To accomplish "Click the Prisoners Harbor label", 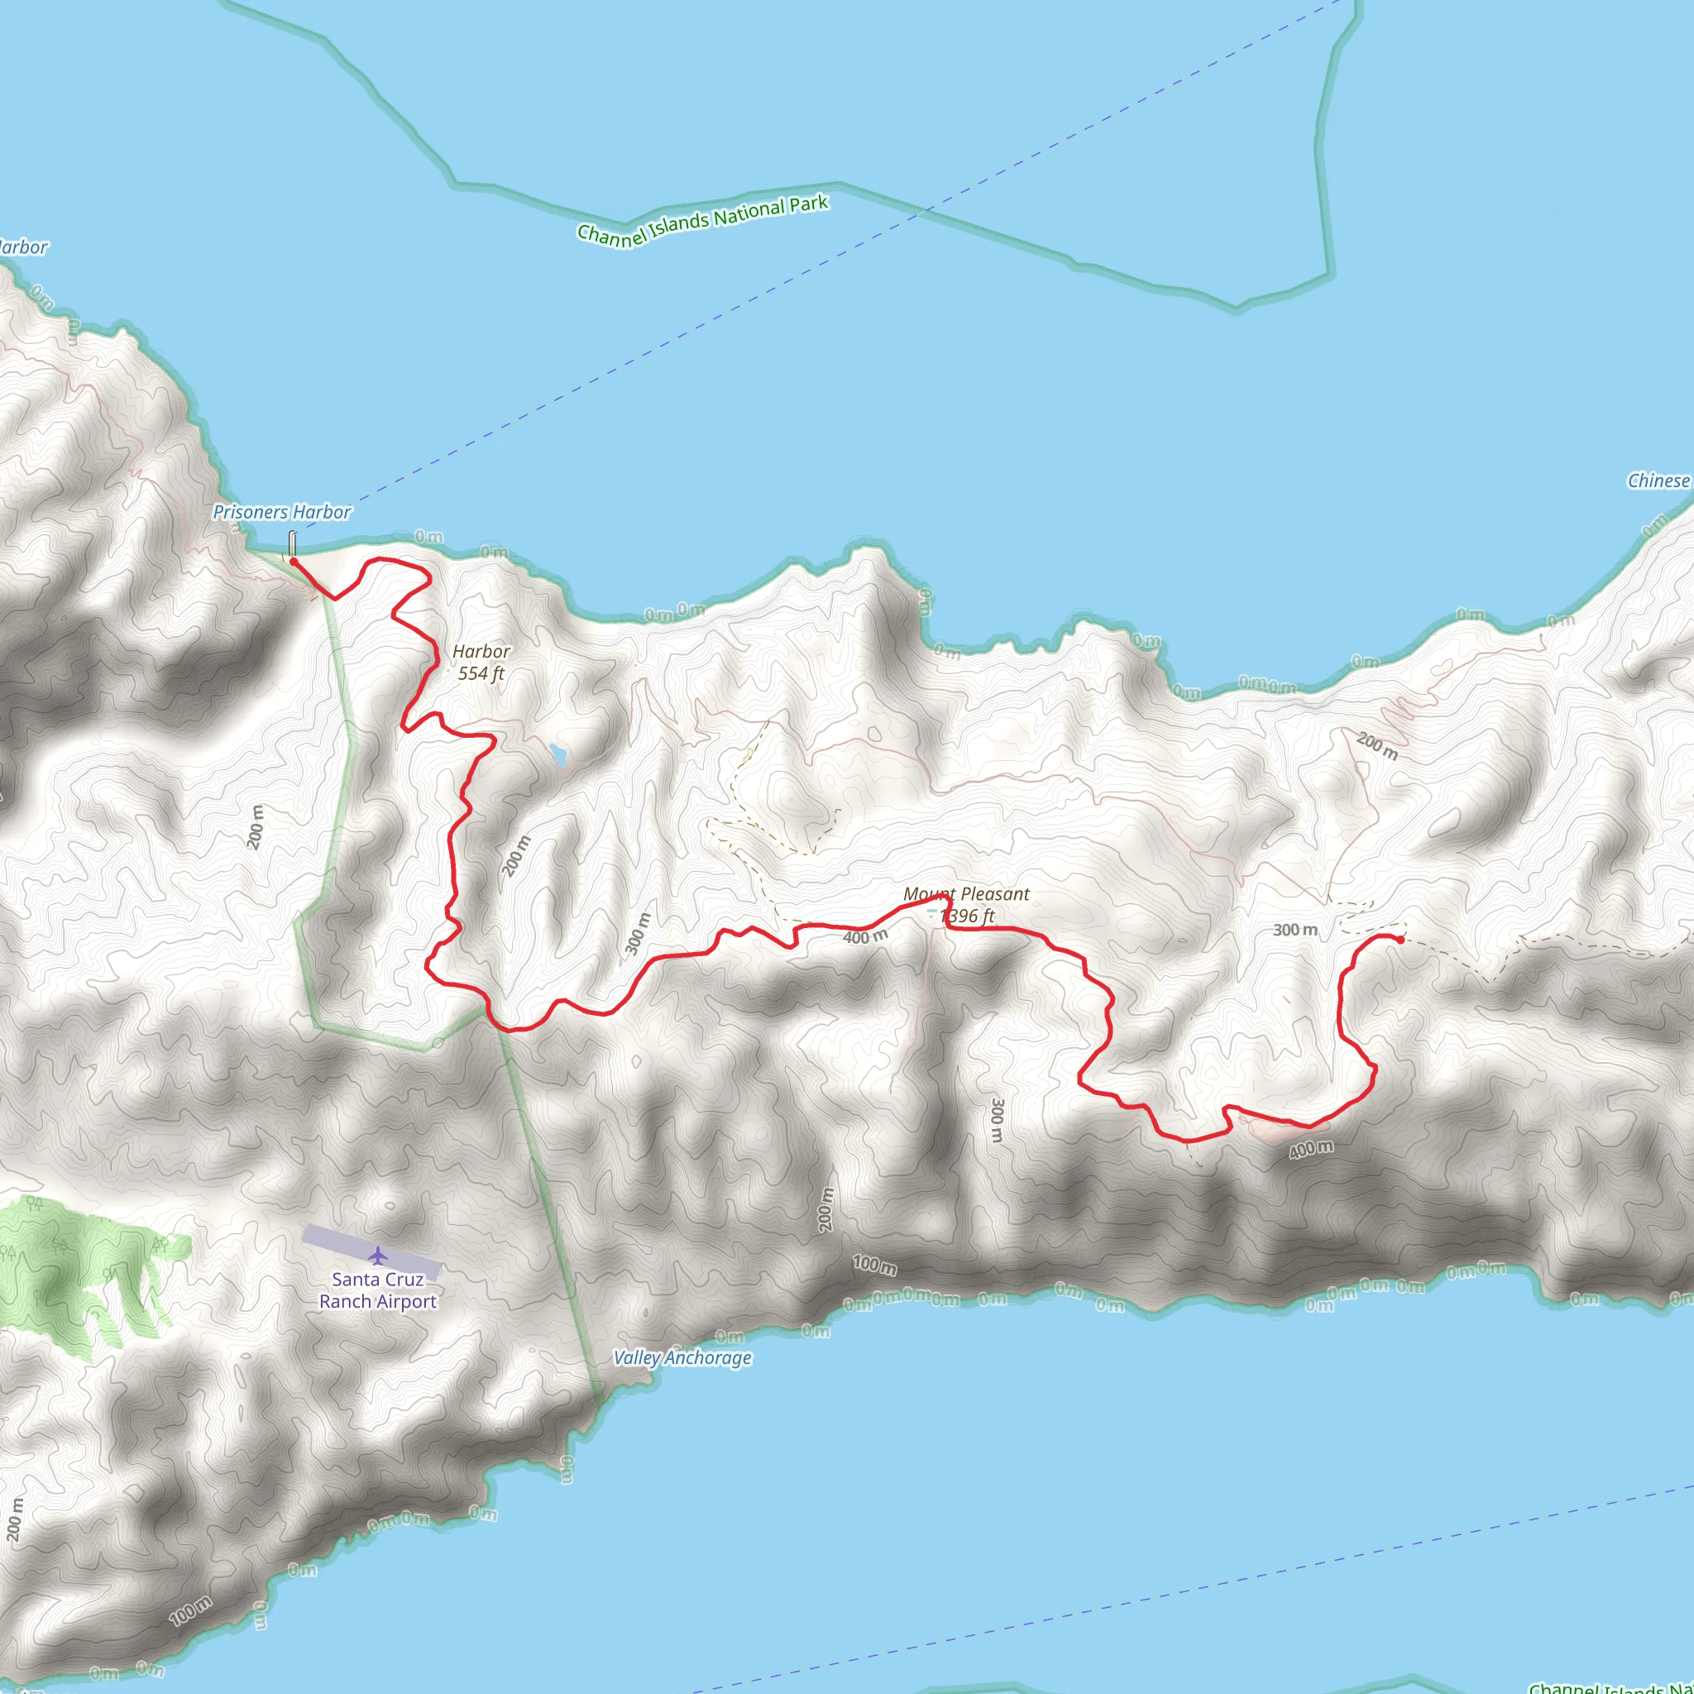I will click(281, 512).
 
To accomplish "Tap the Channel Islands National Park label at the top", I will click(702, 221).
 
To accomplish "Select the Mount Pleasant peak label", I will click(966, 894).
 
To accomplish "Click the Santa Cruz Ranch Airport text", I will click(378, 1290).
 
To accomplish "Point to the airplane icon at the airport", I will click(378, 1256).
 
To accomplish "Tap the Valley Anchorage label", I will click(682, 1358).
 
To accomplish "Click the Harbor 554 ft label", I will click(481, 662).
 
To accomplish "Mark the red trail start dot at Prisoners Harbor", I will click(294, 561).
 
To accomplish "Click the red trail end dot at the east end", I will click(1400, 940).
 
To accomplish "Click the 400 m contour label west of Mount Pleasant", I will click(865, 937).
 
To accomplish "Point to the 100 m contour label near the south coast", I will click(875, 1266).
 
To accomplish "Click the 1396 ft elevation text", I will click(967, 916).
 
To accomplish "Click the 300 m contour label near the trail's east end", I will click(1295, 930).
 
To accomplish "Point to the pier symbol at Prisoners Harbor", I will click(292, 543).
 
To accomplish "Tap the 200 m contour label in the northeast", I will click(1377, 746).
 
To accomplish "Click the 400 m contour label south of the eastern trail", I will click(1311, 1150).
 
